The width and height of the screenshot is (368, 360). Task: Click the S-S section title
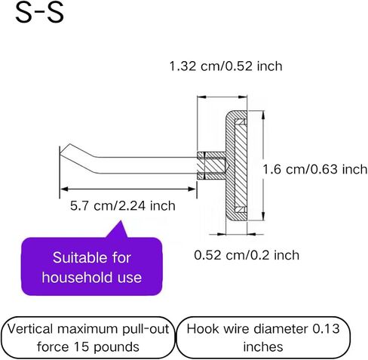[39, 13]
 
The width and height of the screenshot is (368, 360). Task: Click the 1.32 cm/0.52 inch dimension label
[225, 66]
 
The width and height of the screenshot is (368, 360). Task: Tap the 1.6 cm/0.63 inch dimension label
[315, 169]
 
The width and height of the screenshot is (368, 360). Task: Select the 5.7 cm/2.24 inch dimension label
[123, 206]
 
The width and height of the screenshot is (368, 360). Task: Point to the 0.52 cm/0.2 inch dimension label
[247, 255]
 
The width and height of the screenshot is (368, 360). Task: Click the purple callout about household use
[92, 266]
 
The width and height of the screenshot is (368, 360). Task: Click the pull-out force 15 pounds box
[88, 337]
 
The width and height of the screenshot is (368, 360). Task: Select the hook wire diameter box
[263, 337]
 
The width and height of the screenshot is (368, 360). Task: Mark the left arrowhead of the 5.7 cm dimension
[65, 189]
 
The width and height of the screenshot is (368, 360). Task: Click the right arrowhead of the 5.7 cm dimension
[192, 189]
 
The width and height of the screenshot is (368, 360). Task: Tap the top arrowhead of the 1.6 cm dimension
[263, 115]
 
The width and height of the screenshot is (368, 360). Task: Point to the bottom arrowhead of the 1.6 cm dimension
[263, 217]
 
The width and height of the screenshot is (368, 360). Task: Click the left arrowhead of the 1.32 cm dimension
[202, 97]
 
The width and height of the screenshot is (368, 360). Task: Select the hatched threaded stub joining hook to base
[211, 165]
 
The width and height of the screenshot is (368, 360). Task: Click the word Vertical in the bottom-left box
[30, 329]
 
